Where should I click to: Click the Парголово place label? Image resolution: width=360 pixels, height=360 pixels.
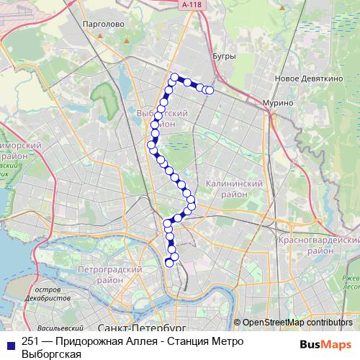point(105,24)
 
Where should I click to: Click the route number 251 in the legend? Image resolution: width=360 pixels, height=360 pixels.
point(30,341)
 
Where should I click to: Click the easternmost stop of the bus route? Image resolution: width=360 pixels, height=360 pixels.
point(210,90)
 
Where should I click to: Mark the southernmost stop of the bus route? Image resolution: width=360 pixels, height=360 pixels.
point(170,262)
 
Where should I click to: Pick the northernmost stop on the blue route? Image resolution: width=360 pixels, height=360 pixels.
point(174,77)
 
